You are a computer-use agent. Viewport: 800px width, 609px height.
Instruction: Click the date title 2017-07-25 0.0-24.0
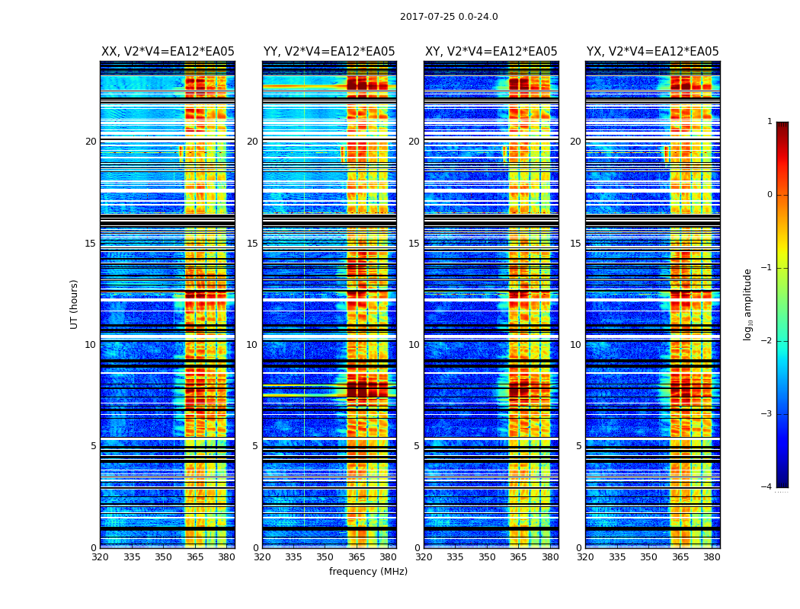pyautogui.click(x=449, y=17)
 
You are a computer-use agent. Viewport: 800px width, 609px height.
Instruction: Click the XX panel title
pyautogui.click(x=168, y=52)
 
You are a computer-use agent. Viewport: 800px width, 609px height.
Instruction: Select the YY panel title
pyautogui.click(x=329, y=52)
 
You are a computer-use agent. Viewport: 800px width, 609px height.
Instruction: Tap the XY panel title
pyautogui.click(x=491, y=52)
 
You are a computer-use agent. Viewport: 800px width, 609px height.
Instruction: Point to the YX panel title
pyautogui.click(x=652, y=52)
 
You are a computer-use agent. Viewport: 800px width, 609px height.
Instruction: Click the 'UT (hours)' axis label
pyautogui.click(x=74, y=304)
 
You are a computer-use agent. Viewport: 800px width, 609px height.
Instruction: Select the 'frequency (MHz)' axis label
pyautogui.click(x=368, y=572)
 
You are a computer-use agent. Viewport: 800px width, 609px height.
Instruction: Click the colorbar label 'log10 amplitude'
pyautogui.click(x=747, y=304)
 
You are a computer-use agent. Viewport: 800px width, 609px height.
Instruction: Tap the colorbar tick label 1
pyautogui.click(x=769, y=122)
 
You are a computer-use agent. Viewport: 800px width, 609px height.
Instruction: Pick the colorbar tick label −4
pyautogui.click(x=766, y=487)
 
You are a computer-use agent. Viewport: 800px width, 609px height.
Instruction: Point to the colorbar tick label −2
pyautogui.click(x=766, y=341)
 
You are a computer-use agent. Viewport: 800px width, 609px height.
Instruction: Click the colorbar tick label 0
pyautogui.click(x=769, y=195)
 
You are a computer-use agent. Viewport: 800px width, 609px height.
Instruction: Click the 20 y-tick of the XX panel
pyautogui.click(x=91, y=142)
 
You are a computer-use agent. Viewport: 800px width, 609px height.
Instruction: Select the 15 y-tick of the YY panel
pyautogui.click(x=252, y=244)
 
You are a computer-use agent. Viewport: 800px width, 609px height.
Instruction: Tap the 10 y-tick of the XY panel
pyautogui.click(x=414, y=345)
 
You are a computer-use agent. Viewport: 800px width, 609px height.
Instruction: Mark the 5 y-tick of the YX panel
pyautogui.click(x=578, y=446)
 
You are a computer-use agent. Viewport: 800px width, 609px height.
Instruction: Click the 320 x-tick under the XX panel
pyautogui.click(x=100, y=557)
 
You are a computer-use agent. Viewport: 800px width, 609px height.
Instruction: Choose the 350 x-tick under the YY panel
pyautogui.click(x=325, y=557)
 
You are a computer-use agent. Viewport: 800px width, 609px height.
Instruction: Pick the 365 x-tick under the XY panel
pyautogui.click(x=518, y=557)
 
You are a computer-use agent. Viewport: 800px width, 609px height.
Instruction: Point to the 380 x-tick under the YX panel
pyautogui.click(x=712, y=557)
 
